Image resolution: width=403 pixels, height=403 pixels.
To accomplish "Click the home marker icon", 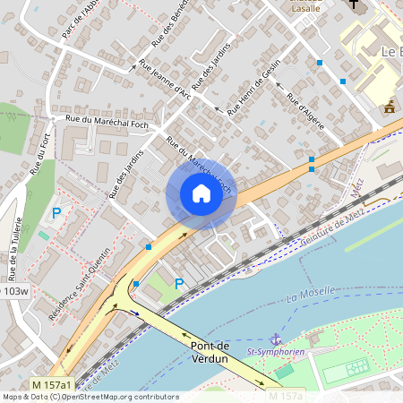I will (x=201, y=193).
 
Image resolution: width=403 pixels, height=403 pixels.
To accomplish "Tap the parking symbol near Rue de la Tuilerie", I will (x=56, y=213).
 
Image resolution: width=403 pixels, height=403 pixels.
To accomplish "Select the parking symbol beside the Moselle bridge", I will (x=178, y=285).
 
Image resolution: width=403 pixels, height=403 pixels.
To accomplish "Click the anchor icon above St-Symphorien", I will (x=277, y=339).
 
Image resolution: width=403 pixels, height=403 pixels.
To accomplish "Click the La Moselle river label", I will (x=310, y=292).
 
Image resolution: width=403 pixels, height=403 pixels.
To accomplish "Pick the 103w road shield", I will (x=14, y=291).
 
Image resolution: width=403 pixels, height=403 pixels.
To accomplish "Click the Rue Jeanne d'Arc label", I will (x=166, y=80).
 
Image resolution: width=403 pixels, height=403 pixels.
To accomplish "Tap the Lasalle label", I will (x=307, y=7).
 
